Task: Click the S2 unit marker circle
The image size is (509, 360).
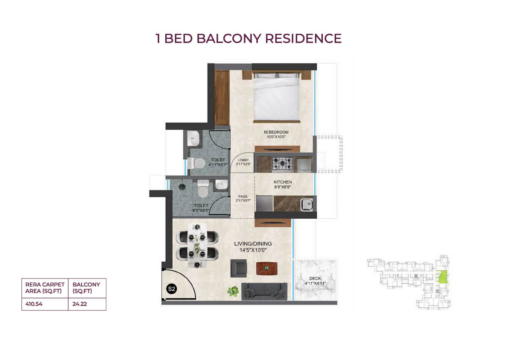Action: click(x=171, y=289)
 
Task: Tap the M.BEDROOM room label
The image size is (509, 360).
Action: click(x=276, y=132)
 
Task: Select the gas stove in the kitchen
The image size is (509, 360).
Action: click(x=282, y=164)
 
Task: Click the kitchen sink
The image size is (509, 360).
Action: click(x=307, y=205)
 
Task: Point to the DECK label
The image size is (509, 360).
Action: click(x=315, y=278)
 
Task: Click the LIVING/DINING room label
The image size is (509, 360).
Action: click(x=253, y=243)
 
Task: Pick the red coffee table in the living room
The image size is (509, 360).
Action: click(x=266, y=269)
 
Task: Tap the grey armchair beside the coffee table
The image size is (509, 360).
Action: click(x=239, y=268)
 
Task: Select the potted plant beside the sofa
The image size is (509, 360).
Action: click(x=233, y=291)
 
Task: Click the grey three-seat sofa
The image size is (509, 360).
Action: click(x=264, y=291)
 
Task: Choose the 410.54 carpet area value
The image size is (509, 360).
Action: click(x=34, y=304)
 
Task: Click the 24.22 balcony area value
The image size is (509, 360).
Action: click(x=79, y=304)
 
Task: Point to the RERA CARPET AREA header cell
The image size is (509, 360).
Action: click(x=45, y=288)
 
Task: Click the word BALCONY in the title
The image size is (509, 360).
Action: click(x=229, y=38)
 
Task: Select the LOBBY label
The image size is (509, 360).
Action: click(x=243, y=160)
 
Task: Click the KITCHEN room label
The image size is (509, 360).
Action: click(x=283, y=182)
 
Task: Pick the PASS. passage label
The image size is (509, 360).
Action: click(x=243, y=196)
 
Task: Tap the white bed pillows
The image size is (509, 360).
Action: click(x=276, y=76)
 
